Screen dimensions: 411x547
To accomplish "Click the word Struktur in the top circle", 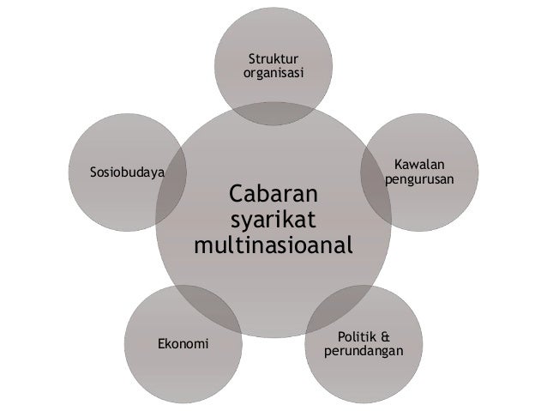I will click(x=273, y=59).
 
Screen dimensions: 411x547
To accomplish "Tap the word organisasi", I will click(x=273, y=74).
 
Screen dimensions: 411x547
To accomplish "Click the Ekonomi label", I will click(x=183, y=344).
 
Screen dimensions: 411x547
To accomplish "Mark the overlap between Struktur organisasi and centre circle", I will click(x=273, y=116).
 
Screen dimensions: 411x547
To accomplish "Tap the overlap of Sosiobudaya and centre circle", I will click(x=171, y=184).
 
